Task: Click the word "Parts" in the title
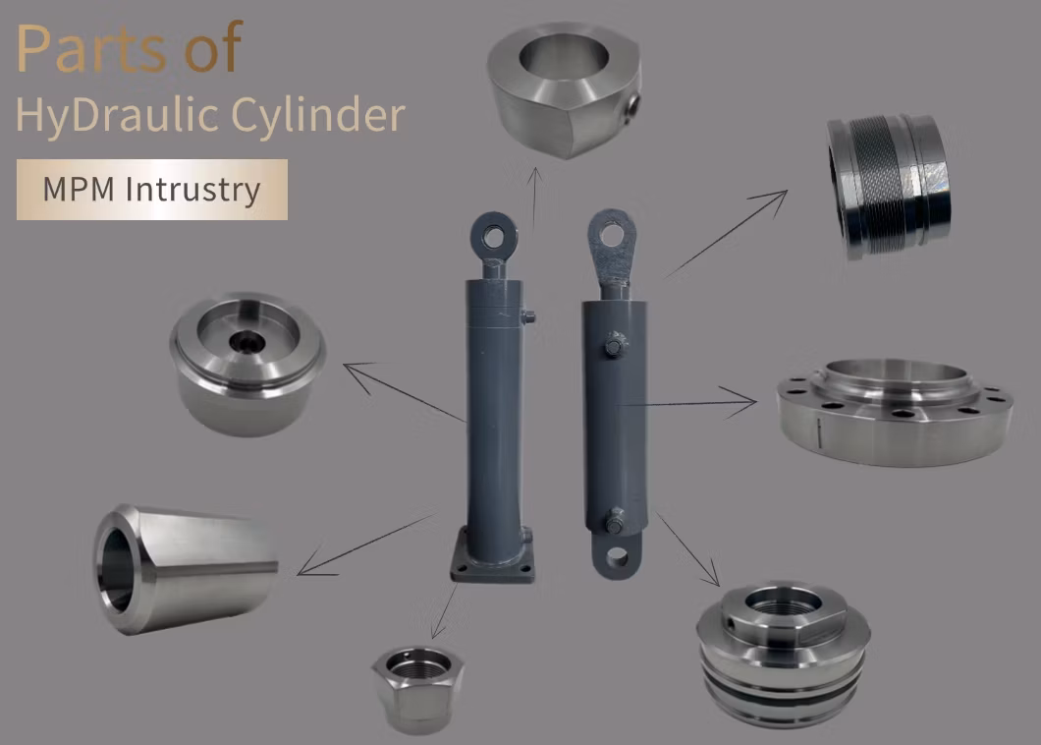pyautogui.click(x=91, y=48)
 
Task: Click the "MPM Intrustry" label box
pyautogui.click(x=152, y=190)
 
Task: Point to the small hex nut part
pyautogui.click(x=417, y=690)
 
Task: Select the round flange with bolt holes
pyautogui.click(x=895, y=412)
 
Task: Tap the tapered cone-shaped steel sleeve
pyautogui.click(x=186, y=569)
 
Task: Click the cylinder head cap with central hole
pyautogui.click(x=247, y=364)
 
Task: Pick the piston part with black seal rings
pyautogui.click(x=784, y=655)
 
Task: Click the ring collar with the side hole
pyautogui.click(x=565, y=89)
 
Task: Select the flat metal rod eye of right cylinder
pyautogui.click(x=612, y=246)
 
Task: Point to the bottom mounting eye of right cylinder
pyautogui.click(x=617, y=555)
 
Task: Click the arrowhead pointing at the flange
pyautogui.click(x=742, y=402)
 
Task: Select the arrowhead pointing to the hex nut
pyautogui.click(x=437, y=629)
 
